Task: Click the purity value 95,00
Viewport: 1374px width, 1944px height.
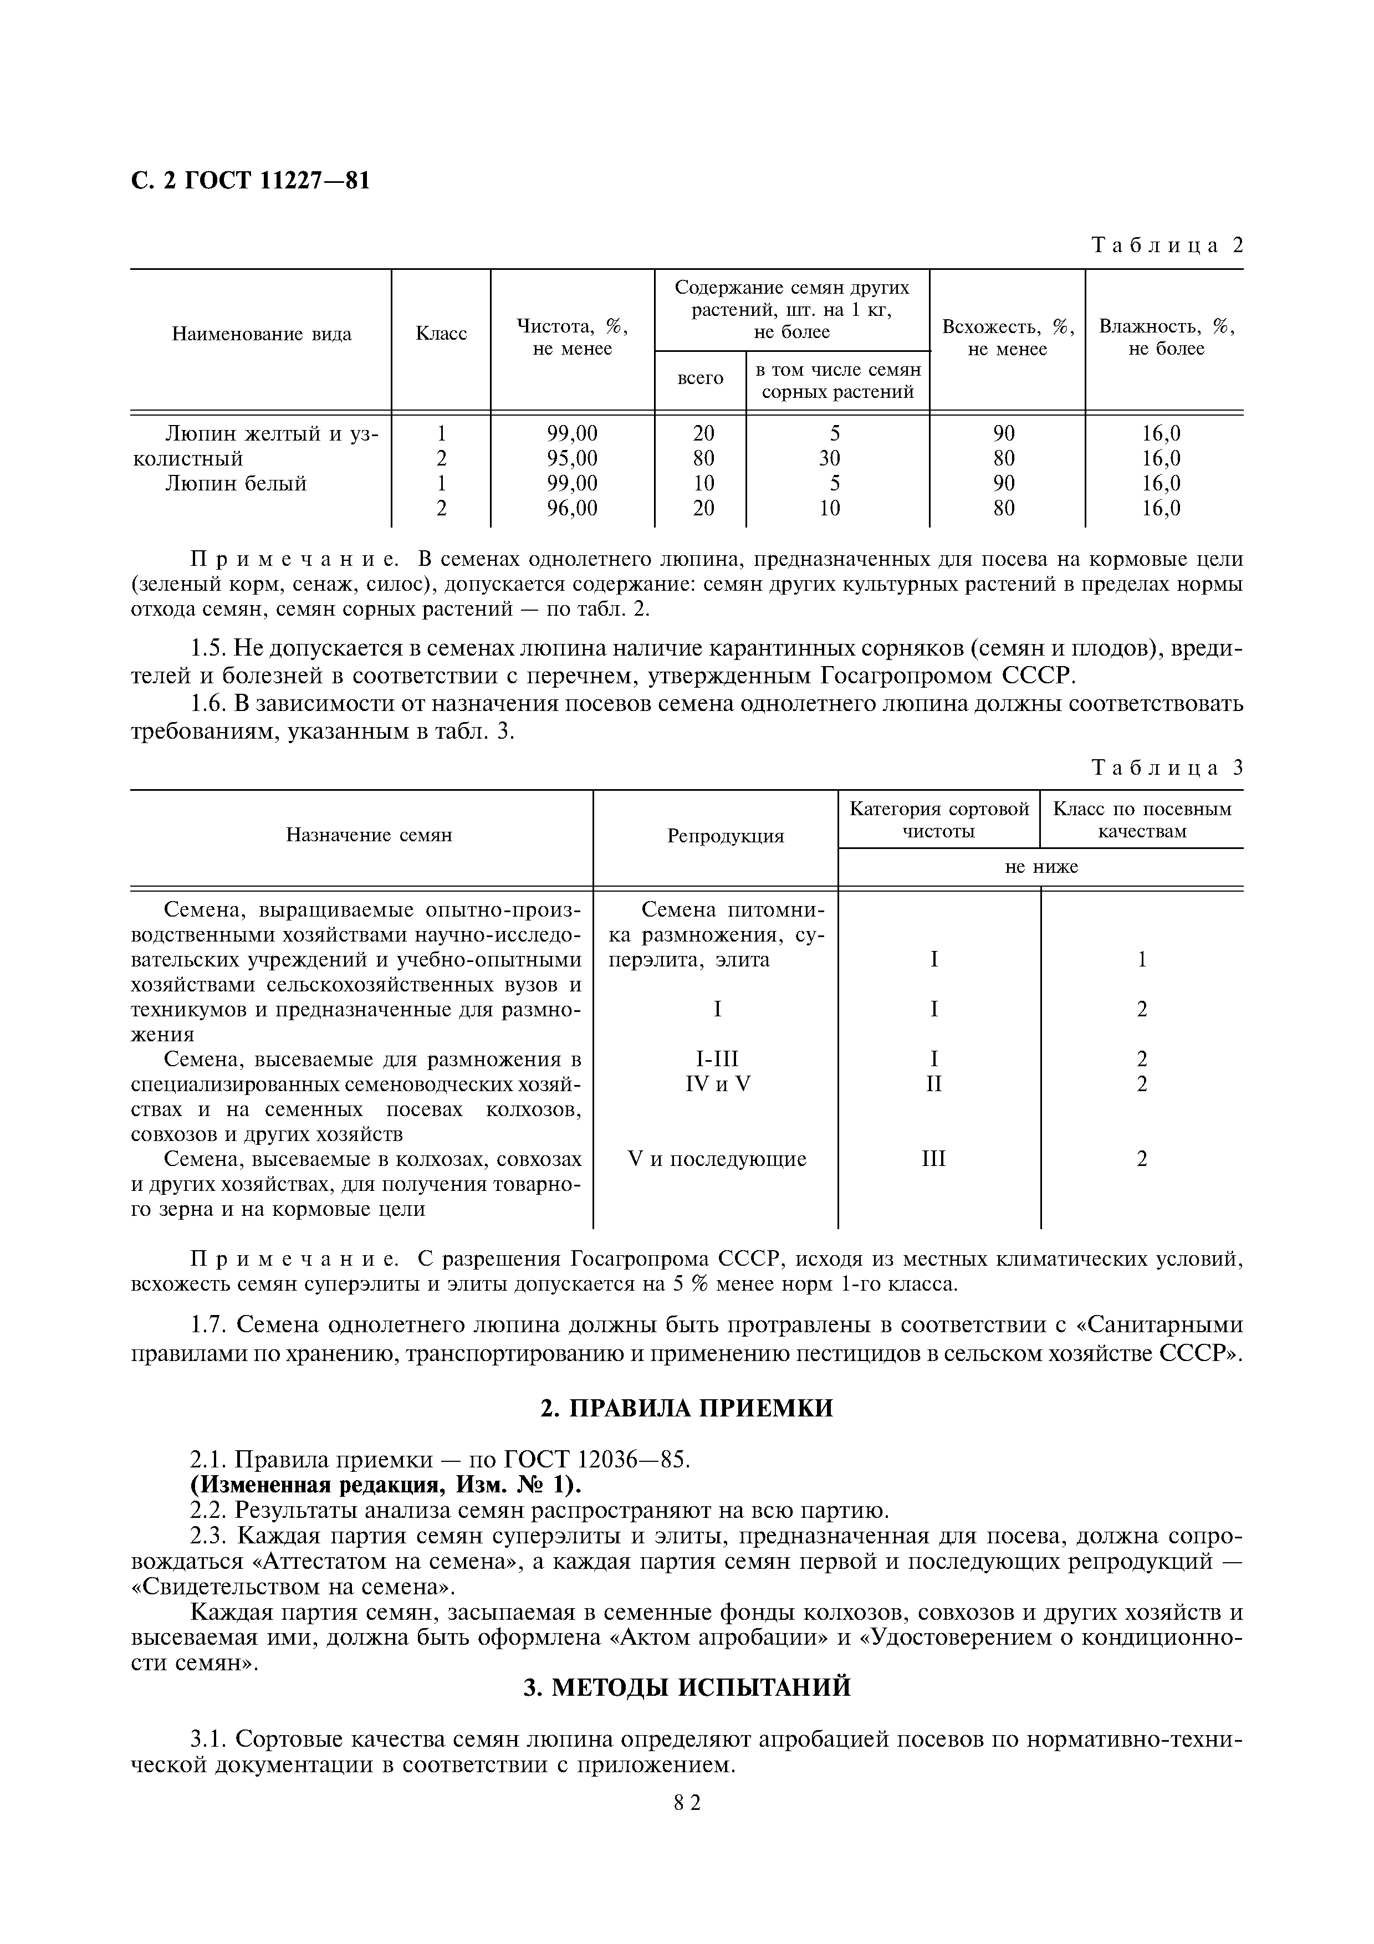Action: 573,459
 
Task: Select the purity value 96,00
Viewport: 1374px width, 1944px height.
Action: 573,508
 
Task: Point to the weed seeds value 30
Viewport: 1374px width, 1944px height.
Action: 830,459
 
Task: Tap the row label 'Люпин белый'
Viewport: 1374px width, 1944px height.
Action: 236,483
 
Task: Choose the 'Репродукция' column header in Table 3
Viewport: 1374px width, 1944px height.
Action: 726,837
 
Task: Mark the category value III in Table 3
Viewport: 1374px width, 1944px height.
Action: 934,1159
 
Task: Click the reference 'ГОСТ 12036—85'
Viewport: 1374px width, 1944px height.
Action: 597,1460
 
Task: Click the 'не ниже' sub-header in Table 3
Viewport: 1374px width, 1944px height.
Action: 1040,867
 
